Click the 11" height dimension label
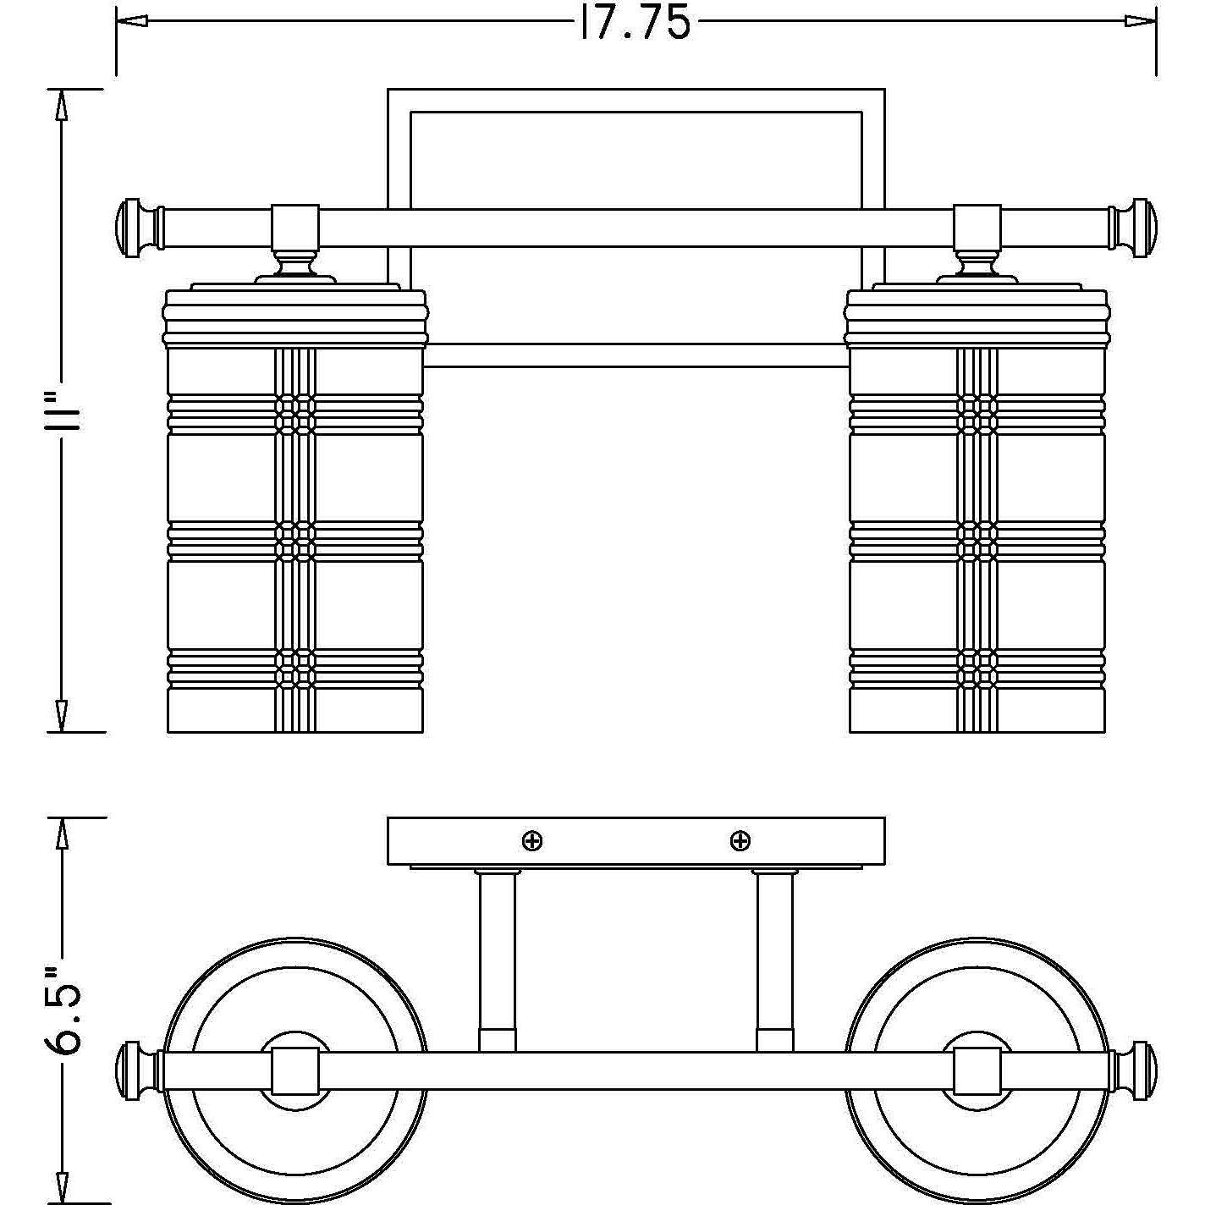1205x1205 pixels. [x=63, y=410]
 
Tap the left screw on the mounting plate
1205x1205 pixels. [x=532, y=841]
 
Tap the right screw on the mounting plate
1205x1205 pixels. [x=740, y=841]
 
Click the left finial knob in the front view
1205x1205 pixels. [x=134, y=227]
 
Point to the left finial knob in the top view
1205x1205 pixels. [x=134, y=1071]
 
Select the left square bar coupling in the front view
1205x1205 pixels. [x=294, y=227]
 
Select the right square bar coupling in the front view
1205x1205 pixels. [x=977, y=227]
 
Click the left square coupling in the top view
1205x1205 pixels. [x=294, y=1071]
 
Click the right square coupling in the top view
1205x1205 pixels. [x=977, y=1071]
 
